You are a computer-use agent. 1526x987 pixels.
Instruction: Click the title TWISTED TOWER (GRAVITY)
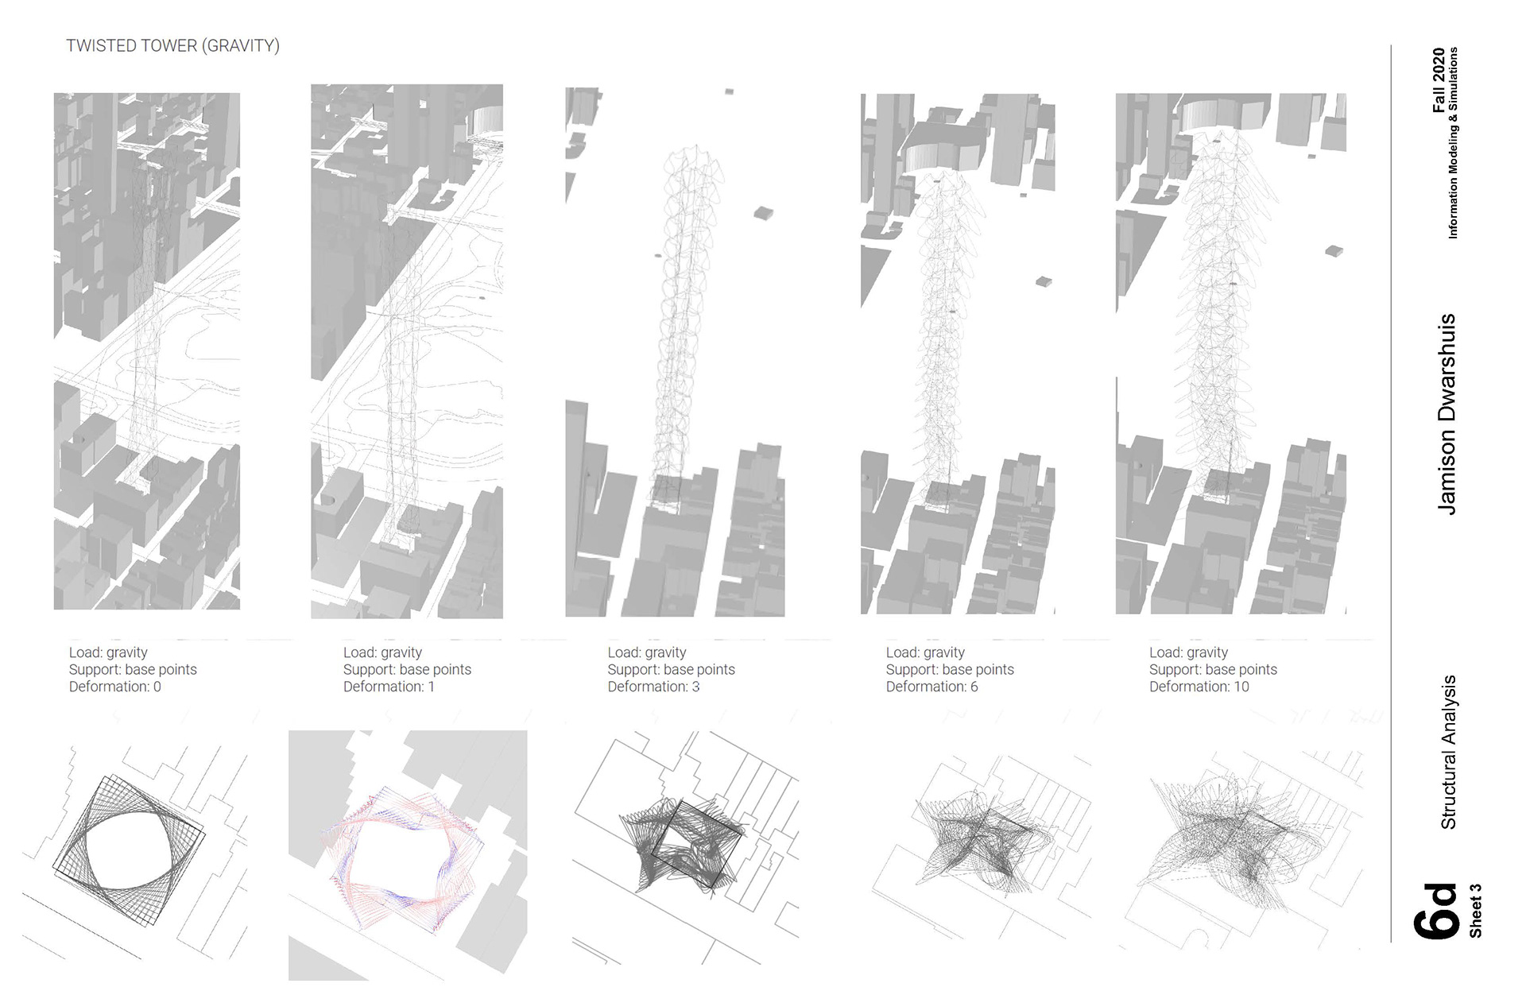tap(172, 46)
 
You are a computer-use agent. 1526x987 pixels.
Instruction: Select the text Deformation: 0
tap(114, 687)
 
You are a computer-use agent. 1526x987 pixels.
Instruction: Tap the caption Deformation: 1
tap(389, 687)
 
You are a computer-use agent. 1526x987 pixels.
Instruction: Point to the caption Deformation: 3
tap(653, 687)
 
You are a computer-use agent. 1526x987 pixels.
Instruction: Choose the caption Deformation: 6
tap(931, 687)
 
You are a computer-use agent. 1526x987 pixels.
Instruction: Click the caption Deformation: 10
tap(1199, 687)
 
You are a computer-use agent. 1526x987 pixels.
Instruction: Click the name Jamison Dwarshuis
tap(1447, 413)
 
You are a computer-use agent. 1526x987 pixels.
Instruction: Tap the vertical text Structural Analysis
tap(1448, 752)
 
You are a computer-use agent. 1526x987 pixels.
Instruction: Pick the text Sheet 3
tap(1475, 911)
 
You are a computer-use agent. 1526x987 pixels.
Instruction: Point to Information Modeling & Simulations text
tap(1453, 143)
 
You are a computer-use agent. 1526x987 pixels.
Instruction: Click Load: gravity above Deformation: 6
tap(925, 652)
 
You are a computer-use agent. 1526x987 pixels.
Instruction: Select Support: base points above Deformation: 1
tap(407, 669)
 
